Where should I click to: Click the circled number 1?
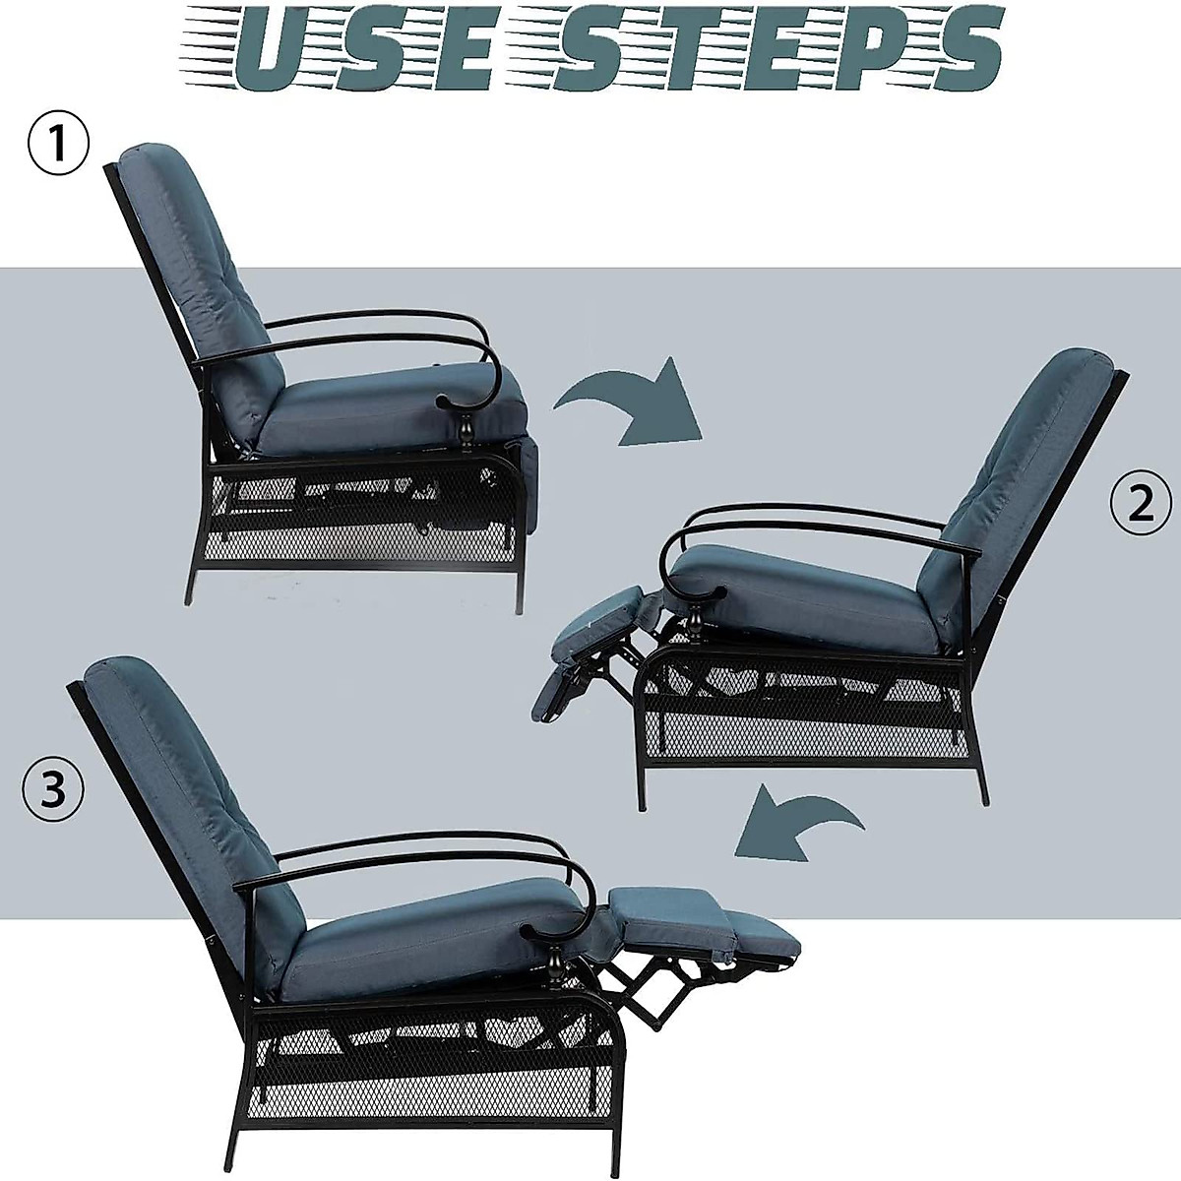57,146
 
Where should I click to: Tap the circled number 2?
1140,504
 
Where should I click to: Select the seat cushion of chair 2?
817,590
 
